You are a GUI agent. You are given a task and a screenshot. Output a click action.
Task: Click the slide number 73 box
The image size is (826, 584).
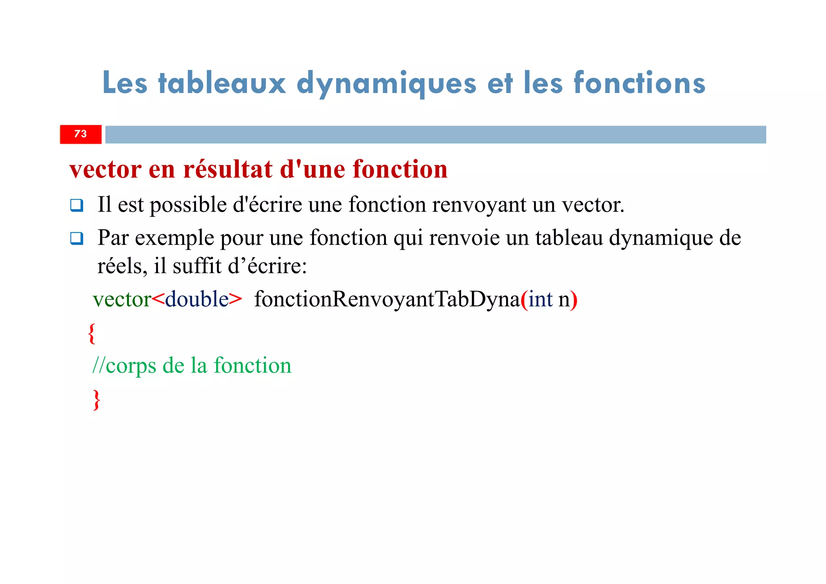click(81, 134)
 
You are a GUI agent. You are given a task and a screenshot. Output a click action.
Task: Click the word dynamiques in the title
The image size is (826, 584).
click(386, 84)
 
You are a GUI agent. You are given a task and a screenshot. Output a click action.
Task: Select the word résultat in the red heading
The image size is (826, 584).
click(228, 169)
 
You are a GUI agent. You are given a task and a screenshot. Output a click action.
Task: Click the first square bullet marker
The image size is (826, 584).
click(77, 205)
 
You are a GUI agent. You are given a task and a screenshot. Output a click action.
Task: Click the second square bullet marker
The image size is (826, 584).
click(77, 239)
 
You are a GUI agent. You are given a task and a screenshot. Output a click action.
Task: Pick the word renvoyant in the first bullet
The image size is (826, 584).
click(479, 205)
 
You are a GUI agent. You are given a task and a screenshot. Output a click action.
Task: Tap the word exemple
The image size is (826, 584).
click(174, 238)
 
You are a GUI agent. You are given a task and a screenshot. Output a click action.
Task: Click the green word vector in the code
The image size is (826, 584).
click(122, 299)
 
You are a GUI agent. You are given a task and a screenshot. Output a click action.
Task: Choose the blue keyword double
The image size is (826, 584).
click(197, 299)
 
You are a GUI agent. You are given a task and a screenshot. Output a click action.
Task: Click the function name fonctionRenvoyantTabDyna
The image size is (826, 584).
click(387, 299)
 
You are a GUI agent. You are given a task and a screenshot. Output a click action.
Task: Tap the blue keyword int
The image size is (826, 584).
click(540, 299)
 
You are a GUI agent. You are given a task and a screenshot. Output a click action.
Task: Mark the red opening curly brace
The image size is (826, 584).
click(92, 333)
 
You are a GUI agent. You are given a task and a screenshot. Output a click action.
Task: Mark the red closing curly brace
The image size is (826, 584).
click(96, 400)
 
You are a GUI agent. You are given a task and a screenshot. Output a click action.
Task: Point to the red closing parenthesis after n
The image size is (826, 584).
click(574, 300)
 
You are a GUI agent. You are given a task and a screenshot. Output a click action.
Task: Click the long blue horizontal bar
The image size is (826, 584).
click(435, 134)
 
